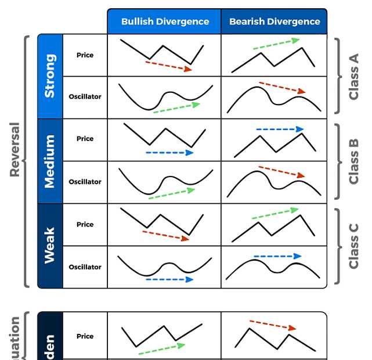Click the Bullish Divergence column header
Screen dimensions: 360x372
[165, 21]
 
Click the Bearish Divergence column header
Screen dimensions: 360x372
[275, 21]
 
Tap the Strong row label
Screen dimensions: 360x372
[50, 76]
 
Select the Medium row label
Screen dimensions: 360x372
[50, 161]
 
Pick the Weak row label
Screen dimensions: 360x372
[50, 245]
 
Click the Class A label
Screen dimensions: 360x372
[354, 76]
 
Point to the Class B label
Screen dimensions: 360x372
[354, 161]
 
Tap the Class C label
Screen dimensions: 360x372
[354, 246]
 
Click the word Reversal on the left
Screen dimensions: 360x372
[15, 149]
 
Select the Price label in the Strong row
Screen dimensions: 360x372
[85, 55]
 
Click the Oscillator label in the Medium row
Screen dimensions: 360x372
[85, 182]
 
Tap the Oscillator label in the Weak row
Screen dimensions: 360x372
[85, 267]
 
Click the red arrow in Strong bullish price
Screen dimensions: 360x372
[168, 66]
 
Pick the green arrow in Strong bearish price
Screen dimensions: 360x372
[276, 45]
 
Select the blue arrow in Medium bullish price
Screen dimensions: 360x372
[169, 153]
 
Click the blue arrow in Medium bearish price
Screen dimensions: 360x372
[279, 129]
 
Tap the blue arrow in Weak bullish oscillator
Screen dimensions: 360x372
[169, 279]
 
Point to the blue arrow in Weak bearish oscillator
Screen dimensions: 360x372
[277, 256]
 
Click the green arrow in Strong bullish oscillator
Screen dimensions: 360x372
[176, 108]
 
